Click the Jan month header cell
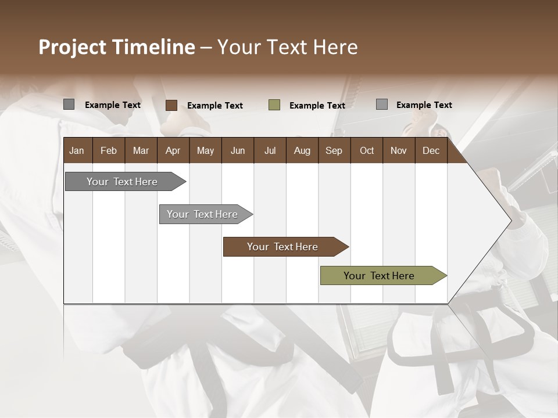pyautogui.click(x=77, y=150)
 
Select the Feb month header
pyautogui.click(x=109, y=150)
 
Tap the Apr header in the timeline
pyautogui.click(x=173, y=150)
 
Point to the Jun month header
pyautogui.click(x=238, y=150)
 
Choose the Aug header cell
pyautogui.click(x=302, y=150)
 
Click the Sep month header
pyautogui.click(x=334, y=150)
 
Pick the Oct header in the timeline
pyautogui.click(x=367, y=150)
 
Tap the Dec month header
pyautogui.click(x=431, y=150)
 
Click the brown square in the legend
pyautogui.click(x=171, y=105)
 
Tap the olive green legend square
pyautogui.click(x=274, y=105)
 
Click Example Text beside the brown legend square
pyautogui.click(x=214, y=106)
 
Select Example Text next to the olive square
pyautogui.click(x=317, y=106)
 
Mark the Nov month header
pyautogui.click(x=399, y=150)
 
